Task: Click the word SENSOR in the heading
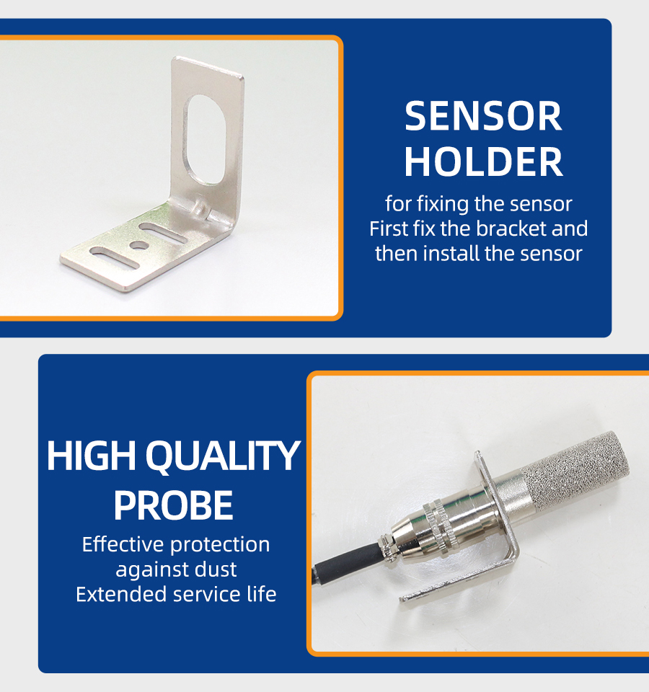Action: click(x=483, y=116)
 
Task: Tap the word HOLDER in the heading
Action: click(x=483, y=162)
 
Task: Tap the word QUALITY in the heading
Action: click(x=223, y=456)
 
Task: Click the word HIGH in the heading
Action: click(x=91, y=456)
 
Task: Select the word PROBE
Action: click(x=174, y=505)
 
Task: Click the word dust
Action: click(x=217, y=569)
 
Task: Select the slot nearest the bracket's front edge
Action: click(x=115, y=257)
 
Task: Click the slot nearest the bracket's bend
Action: click(x=164, y=231)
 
